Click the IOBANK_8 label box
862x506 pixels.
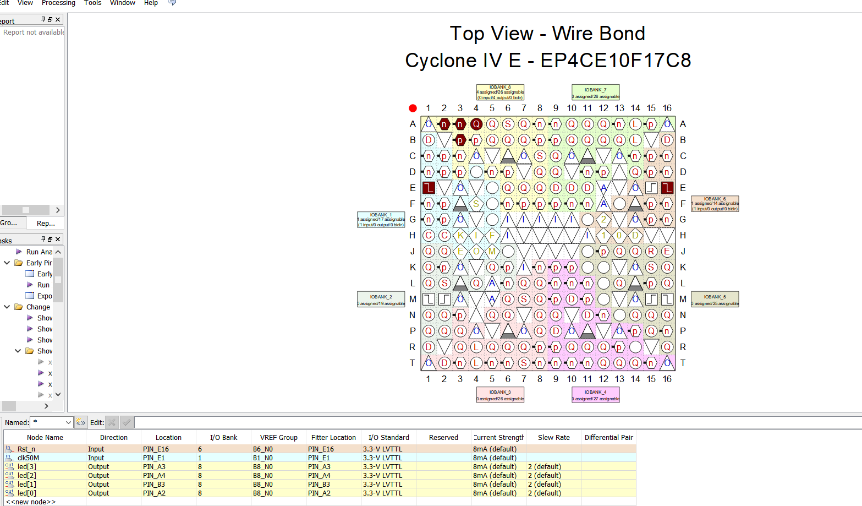[x=500, y=92]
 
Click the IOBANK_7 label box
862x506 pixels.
[x=595, y=93]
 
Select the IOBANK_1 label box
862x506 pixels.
[x=381, y=220]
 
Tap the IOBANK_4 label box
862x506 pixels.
[x=595, y=395]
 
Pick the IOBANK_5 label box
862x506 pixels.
[x=715, y=300]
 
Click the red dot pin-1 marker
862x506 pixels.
[x=413, y=108]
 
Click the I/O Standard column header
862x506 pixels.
[x=388, y=438]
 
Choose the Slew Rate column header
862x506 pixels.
[x=553, y=438]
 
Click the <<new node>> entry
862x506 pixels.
[x=31, y=502]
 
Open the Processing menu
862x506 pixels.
[x=58, y=3]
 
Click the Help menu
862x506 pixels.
[x=151, y=3]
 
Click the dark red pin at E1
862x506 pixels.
[x=429, y=188]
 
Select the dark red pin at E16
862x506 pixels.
[x=667, y=188]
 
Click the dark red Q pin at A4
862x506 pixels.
[x=476, y=124]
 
